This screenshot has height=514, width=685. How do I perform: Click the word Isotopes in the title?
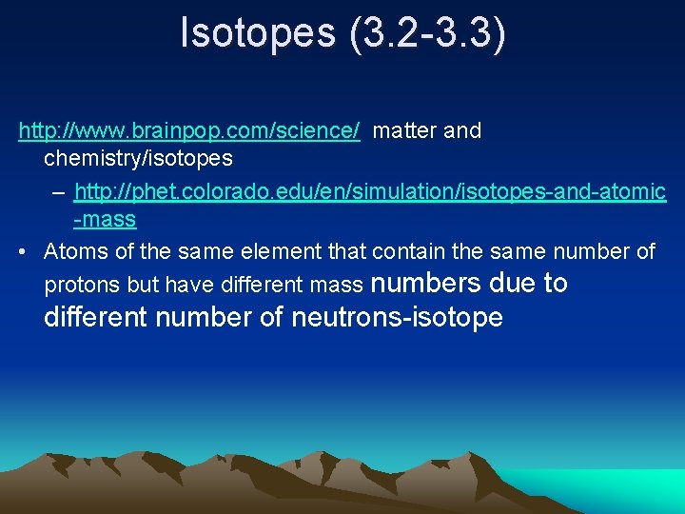point(258,33)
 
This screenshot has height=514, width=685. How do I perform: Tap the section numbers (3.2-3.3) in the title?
point(428,33)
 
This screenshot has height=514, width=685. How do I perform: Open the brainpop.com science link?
point(189,130)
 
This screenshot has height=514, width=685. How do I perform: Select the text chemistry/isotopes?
point(138,156)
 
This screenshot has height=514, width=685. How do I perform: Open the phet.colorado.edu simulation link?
point(370,192)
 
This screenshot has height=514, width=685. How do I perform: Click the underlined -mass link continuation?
point(105,220)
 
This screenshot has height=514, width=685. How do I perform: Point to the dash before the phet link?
point(60,193)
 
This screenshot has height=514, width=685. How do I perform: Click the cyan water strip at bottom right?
point(609,487)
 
